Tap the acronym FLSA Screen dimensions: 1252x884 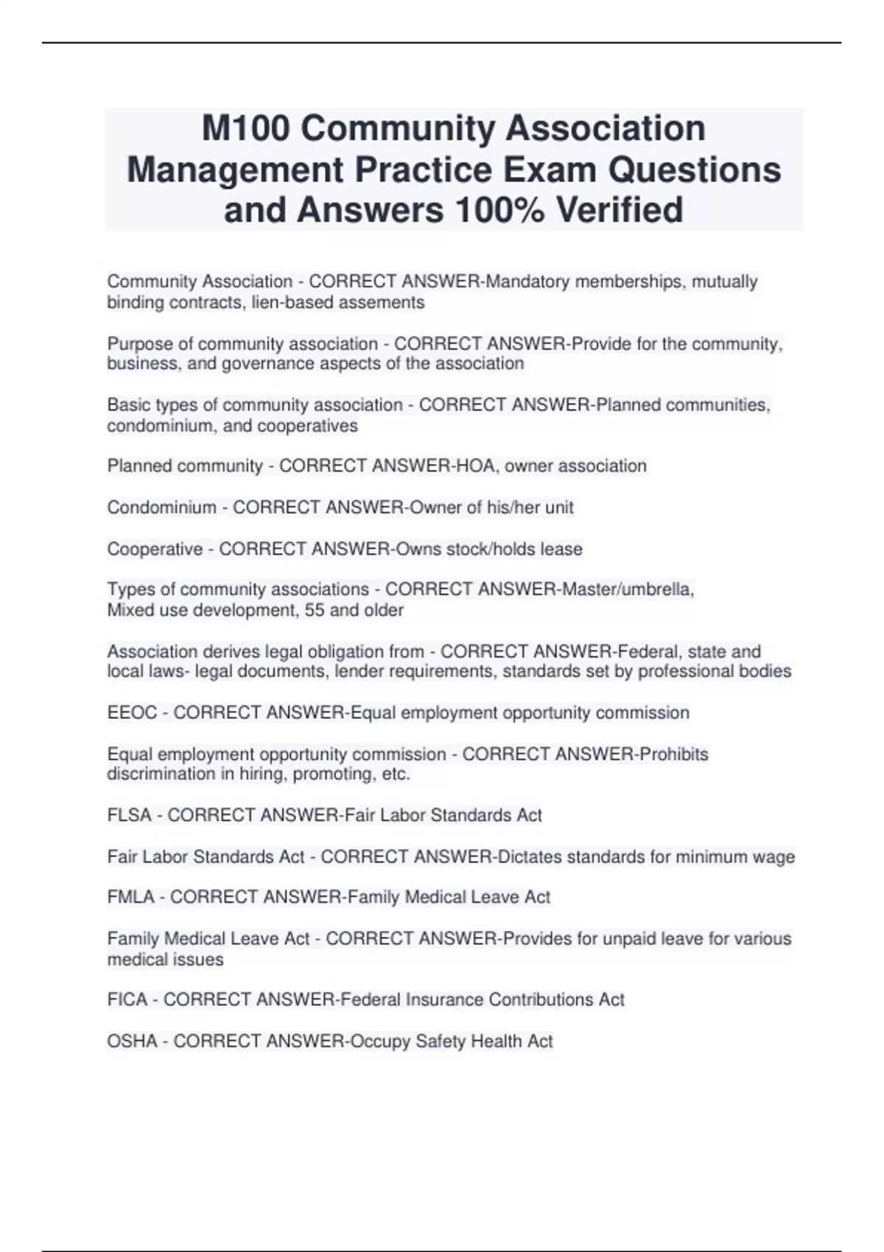click(x=130, y=816)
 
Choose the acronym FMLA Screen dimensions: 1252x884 click(x=131, y=898)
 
